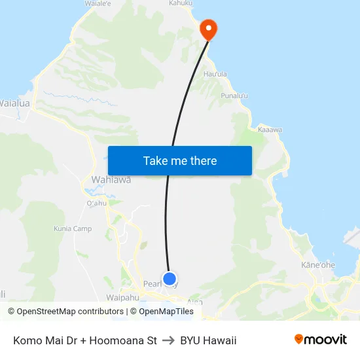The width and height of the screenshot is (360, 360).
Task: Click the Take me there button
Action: (x=180, y=160)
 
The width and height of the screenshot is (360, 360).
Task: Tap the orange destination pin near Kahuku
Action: (x=208, y=29)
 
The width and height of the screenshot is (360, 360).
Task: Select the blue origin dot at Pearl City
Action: (x=170, y=279)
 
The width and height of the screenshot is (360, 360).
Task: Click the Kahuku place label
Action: (x=181, y=3)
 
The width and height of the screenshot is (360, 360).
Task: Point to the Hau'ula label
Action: (x=215, y=75)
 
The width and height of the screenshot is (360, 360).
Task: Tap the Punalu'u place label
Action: (x=235, y=96)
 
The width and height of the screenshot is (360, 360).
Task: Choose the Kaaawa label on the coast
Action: (x=270, y=130)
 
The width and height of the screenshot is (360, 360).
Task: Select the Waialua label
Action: (x=14, y=103)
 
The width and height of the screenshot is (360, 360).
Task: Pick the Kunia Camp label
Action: (x=73, y=228)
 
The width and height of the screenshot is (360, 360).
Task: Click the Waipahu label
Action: (x=123, y=297)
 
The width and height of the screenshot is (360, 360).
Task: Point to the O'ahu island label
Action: (x=96, y=203)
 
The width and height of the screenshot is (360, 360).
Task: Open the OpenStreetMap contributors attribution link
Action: (x=69, y=312)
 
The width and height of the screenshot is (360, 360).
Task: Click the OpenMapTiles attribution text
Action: (x=166, y=312)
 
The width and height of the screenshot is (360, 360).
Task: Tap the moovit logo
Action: (x=321, y=340)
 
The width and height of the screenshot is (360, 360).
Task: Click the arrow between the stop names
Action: (x=168, y=340)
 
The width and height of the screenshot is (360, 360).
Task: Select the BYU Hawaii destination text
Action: (x=208, y=340)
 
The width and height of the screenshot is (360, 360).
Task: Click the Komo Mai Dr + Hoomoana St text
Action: (x=85, y=340)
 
